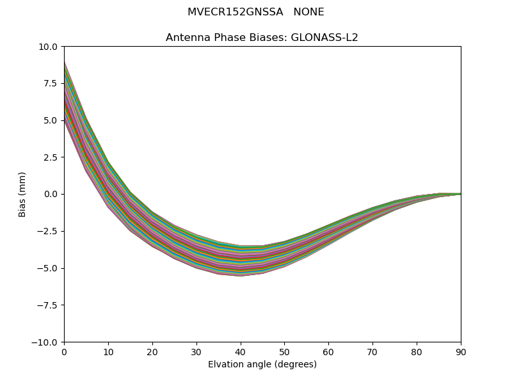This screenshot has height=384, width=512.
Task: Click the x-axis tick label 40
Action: [240, 352]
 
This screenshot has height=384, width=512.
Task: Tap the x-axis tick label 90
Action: [461, 352]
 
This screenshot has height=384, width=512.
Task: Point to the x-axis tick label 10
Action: [108, 352]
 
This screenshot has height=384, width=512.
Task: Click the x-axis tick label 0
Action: [64, 352]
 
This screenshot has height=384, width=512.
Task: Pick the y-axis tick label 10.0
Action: [49, 47]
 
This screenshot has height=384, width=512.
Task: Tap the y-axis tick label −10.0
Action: [46, 342]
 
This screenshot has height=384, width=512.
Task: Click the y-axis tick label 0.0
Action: [51, 195]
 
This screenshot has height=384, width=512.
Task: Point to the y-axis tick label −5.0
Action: [49, 268]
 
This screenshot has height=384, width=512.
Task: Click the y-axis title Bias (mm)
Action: [22, 195]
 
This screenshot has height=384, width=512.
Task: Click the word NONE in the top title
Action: [308, 12]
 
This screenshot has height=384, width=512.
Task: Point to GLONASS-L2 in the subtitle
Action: [324, 38]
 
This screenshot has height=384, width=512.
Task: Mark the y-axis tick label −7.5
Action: [49, 305]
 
